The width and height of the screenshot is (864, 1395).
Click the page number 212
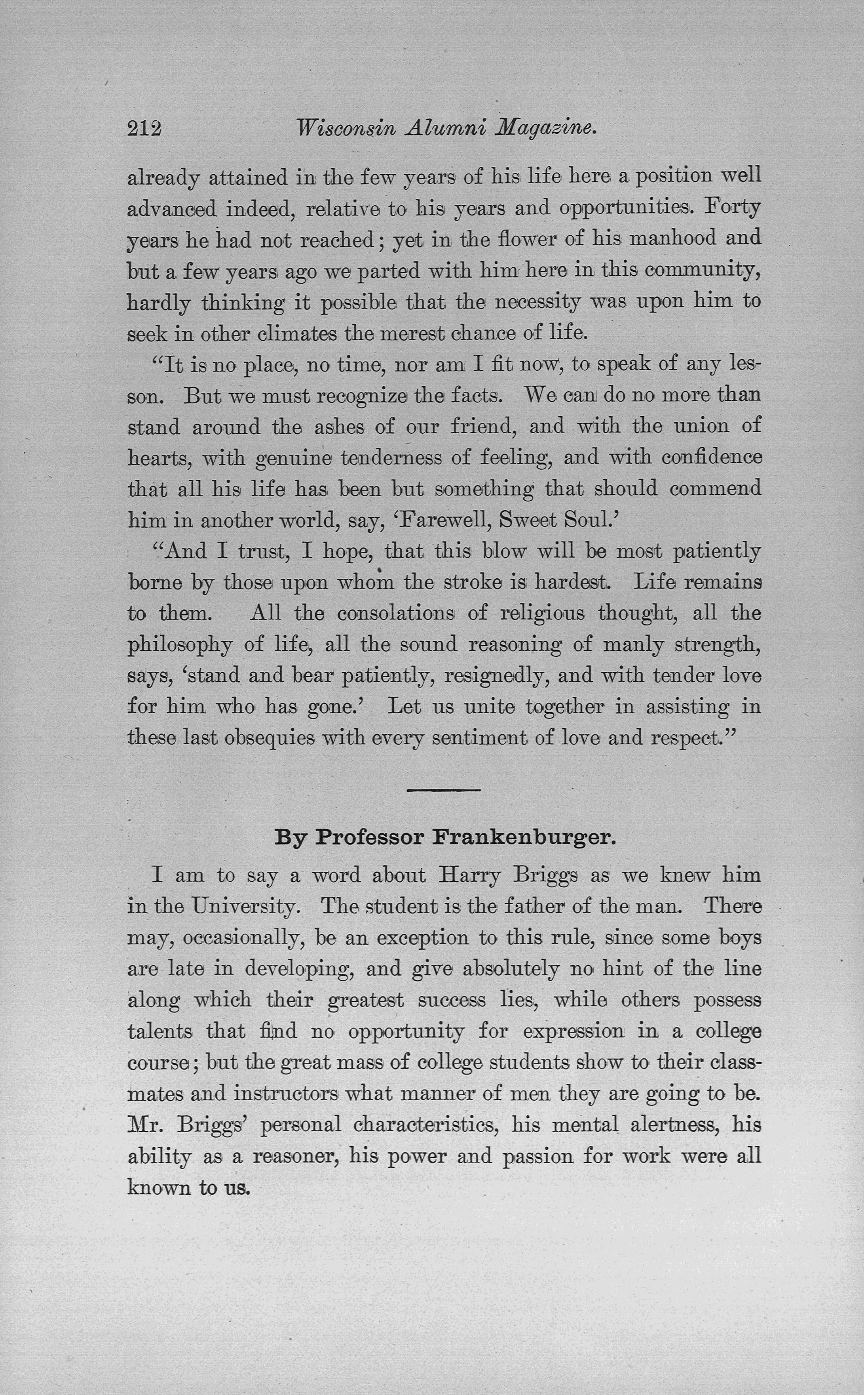tap(144, 129)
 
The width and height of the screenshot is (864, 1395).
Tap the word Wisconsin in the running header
tap(346, 129)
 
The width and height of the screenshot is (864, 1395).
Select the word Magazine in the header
tap(546, 129)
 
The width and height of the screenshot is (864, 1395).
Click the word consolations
tap(395, 614)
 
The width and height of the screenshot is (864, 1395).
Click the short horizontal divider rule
tap(443, 790)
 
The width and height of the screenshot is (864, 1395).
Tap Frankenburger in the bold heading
tap(524, 838)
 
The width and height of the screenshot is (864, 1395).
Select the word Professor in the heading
tap(370, 838)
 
